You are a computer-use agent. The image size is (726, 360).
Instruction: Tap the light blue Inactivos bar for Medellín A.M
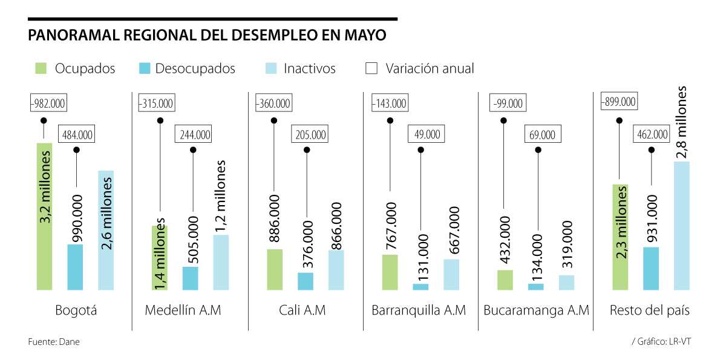click(x=221, y=262)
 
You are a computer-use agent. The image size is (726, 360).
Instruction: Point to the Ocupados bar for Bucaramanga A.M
click(x=505, y=280)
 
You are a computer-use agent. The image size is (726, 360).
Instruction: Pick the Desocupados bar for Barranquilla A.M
click(x=421, y=287)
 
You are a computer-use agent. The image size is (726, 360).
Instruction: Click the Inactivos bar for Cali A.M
click(x=336, y=270)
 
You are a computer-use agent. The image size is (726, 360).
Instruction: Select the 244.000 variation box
click(x=193, y=134)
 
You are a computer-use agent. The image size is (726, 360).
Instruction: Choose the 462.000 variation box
click(x=652, y=134)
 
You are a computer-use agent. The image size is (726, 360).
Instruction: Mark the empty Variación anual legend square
click(x=371, y=68)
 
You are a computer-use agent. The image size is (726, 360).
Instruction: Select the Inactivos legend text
click(x=309, y=68)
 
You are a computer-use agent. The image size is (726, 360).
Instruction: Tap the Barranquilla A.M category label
click(x=419, y=310)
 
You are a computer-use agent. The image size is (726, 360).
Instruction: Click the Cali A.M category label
click(x=302, y=310)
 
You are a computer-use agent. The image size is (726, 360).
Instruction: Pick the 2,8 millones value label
click(x=682, y=121)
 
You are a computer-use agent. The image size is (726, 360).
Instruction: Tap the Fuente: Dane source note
click(x=54, y=342)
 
